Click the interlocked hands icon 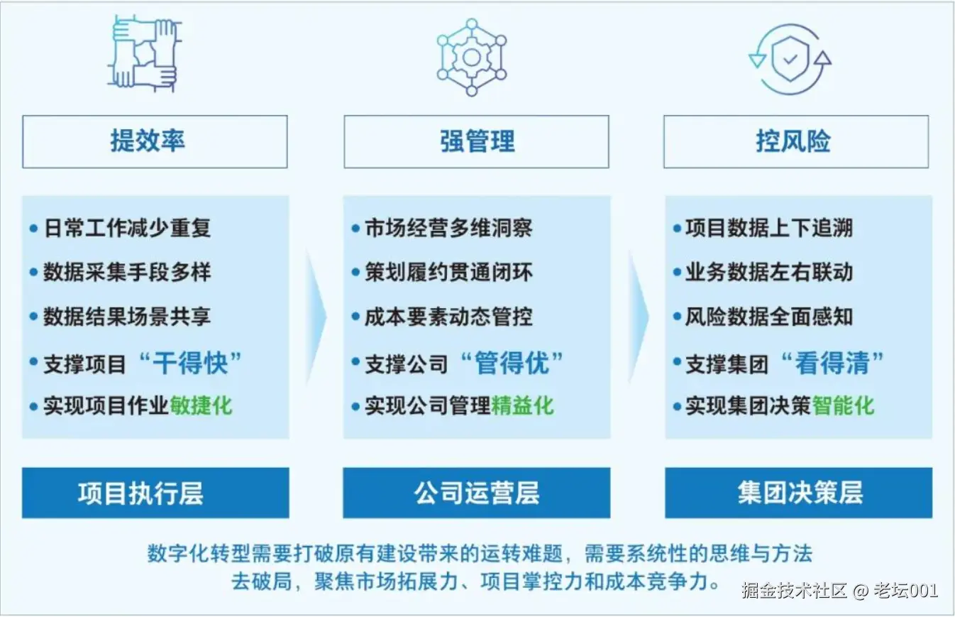click(x=144, y=53)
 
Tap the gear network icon click(x=471, y=57)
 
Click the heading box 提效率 click(x=155, y=141)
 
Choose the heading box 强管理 click(x=476, y=141)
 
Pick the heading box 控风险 click(x=795, y=141)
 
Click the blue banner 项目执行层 click(x=155, y=493)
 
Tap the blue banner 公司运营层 click(x=476, y=493)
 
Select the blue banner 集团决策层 click(x=798, y=493)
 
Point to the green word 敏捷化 click(x=201, y=405)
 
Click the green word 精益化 click(x=523, y=405)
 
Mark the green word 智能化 click(x=844, y=405)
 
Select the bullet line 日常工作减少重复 click(x=126, y=229)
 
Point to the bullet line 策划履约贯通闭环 click(x=448, y=273)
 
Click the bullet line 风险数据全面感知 click(x=769, y=317)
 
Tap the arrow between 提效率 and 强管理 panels click(x=316, y=316)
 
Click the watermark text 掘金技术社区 click(x=795, y=590)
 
